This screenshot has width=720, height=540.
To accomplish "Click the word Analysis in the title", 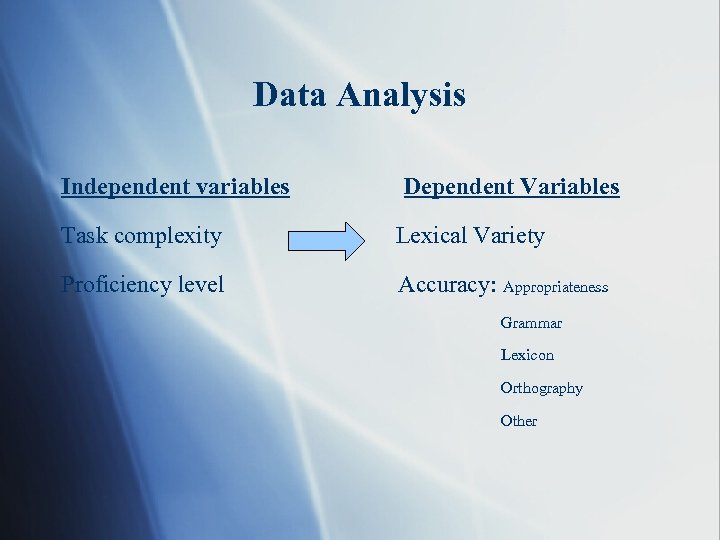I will [402, 96].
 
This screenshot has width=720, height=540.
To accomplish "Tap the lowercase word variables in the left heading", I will [240, 186].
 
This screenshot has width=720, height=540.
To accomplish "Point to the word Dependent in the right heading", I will [455, 186].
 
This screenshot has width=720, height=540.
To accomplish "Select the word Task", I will [84, 236].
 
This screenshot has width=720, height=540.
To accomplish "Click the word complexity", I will [168, 237].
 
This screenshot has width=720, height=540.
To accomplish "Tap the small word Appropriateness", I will [555, 288].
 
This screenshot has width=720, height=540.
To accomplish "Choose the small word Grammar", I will [531, 323].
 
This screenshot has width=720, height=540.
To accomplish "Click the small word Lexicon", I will [527, 355].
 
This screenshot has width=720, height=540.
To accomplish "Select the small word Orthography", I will [541, 388].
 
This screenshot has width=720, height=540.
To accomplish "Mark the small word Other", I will [518, 421].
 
